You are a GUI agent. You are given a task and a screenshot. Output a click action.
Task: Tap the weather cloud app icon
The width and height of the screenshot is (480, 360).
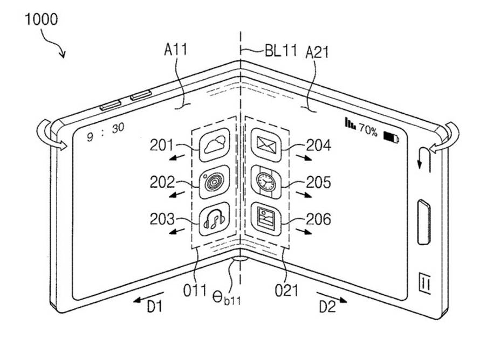coord(214,144)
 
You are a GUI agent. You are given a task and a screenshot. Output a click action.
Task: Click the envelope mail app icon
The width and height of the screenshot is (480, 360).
coord(266,145)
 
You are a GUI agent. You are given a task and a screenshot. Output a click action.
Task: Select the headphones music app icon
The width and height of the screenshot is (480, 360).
coord(214,219)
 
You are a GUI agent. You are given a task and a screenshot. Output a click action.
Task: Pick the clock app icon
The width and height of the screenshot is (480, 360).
coord(266,182)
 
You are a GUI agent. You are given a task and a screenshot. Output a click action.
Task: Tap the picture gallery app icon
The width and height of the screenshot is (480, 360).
coord(266,219)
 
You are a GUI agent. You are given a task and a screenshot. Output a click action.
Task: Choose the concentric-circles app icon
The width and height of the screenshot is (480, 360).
coord(214,182)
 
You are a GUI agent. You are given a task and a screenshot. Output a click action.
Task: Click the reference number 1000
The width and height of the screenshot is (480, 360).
coord(41,19)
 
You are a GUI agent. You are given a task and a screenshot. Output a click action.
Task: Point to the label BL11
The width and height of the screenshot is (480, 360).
coord(280,51)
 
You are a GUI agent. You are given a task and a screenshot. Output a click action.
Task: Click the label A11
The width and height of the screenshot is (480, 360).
coord(175,50)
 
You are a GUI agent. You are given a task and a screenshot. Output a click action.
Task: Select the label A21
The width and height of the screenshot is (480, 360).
coord(317,52)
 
